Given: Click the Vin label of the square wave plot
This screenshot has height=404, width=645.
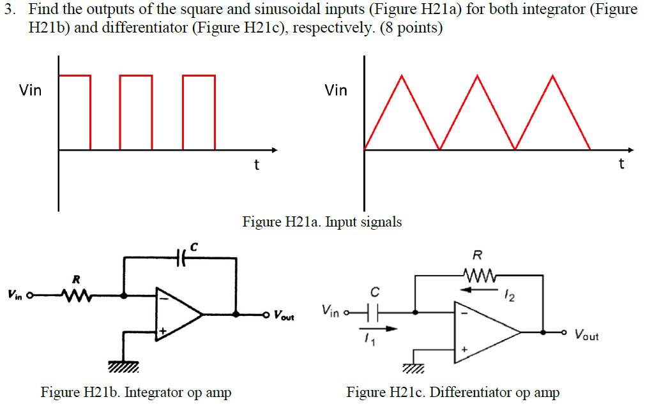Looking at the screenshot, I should coord(30,90).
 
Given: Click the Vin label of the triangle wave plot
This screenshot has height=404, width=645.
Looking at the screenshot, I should coord(336,90).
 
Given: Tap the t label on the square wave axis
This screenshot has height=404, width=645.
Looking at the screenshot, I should coord(256,165).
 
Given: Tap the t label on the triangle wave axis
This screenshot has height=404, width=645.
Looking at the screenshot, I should coord(621,164).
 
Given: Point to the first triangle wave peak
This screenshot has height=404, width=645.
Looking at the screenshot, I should coord(402,77).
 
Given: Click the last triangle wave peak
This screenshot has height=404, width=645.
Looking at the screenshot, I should coord(553,77).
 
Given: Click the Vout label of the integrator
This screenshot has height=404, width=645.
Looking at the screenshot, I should coord(284,315).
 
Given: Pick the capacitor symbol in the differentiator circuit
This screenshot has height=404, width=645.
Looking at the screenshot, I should coord(376,312).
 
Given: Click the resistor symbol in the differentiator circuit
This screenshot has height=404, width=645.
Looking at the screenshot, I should coord(478,276).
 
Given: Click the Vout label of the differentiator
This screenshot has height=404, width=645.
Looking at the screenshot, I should coord(586,334).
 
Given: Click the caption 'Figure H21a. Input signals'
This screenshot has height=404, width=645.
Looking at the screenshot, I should coord(322,222).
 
